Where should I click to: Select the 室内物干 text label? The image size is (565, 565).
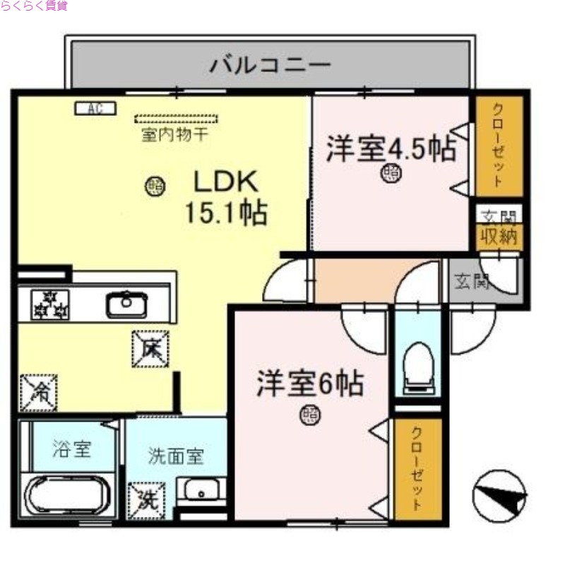tap(174, 134)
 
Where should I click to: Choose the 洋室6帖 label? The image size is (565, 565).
tap(310, 384)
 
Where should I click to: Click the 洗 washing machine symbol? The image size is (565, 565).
tap(147, 499)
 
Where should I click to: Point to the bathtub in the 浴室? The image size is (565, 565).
tap(67, 494)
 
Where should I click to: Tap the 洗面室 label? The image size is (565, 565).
tap(176, 456)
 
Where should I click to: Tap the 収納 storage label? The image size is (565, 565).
tap(498, 237)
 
